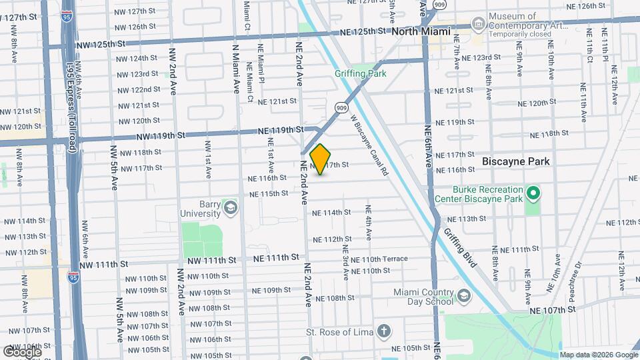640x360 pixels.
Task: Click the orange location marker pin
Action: click(321, 159)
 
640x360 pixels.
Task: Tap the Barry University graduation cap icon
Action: click(231, 207)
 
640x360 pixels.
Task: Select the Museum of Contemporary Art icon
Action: click(478, 25)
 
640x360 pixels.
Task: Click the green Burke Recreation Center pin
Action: click(533, 194)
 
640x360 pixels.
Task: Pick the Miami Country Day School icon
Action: click(463, 296)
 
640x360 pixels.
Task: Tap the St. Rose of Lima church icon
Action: click(384, 331)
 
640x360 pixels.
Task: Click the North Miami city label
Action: click(421, 31)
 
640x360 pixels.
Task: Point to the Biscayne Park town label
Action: click(517, 161)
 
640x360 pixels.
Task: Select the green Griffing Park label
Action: click(361, 74)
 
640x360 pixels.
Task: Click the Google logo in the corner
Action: click(21, 351)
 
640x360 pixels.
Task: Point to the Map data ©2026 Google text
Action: click(598, 355)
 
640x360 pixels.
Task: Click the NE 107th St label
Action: click(553, 310)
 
